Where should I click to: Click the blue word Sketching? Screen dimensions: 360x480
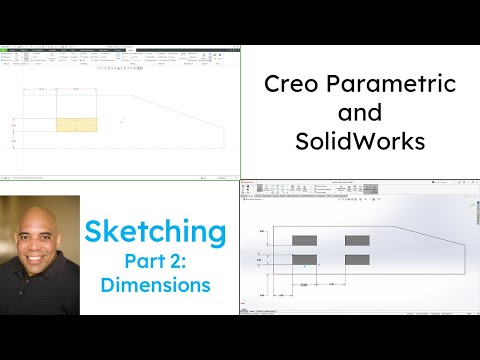click(155, 233)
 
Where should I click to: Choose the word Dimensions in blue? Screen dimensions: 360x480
click(155, 285)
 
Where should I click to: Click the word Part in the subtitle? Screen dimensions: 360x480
click(146, 262)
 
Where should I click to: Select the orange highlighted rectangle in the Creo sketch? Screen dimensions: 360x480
click(77, 124)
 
